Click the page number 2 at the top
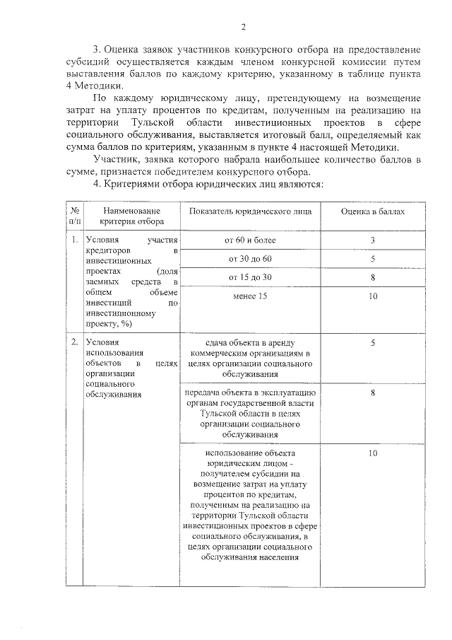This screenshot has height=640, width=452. point(243,28)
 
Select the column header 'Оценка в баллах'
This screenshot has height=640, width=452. point(373,211)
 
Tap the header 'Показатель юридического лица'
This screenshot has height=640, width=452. point(252,211)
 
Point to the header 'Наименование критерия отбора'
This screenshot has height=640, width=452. point(131,216)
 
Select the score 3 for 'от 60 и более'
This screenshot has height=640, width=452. point(373,241)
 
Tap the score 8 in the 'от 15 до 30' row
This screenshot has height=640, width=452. point(373,277)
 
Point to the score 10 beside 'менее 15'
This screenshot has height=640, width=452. point(373,295)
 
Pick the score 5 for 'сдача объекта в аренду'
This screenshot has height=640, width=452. point(373,342)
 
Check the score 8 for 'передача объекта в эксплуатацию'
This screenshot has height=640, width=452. point(373,392)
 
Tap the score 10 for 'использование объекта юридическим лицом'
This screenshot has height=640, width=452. point(373,453)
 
